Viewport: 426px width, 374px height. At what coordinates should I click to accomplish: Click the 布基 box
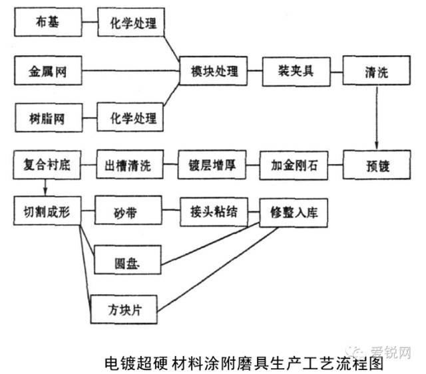[48, 22]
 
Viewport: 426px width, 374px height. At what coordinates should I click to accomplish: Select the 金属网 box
[48, 70]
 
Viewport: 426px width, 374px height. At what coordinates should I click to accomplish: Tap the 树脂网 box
[49, 118]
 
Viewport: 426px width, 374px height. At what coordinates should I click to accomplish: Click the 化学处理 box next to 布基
[131, 22]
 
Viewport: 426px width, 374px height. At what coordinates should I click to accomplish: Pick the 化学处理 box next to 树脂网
[130, 117]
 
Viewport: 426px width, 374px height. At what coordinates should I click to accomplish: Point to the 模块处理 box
[214, 71]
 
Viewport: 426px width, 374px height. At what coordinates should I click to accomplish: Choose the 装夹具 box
[296, 72]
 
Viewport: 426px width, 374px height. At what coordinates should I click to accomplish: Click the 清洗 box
[377, 70]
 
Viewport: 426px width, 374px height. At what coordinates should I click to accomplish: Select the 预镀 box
[377, 165]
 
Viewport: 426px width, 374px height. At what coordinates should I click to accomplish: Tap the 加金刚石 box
[294, 165]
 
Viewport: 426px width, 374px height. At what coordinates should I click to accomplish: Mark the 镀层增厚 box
[212, 165]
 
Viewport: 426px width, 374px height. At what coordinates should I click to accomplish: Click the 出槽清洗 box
[130, 164]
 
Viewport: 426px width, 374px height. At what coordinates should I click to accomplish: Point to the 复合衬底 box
[47, 165]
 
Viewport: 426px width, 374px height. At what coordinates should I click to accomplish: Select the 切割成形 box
[47, 211]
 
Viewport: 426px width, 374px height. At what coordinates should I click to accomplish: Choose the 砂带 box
[128, 210]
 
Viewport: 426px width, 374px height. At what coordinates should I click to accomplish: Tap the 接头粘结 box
[214, 212]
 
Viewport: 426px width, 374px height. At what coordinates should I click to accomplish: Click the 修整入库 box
[294, 213]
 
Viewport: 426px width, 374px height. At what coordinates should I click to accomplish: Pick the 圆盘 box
[128, 260]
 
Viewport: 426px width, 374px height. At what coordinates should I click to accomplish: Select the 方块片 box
[124, 310]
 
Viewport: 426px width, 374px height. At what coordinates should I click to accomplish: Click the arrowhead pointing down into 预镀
[377, 145]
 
